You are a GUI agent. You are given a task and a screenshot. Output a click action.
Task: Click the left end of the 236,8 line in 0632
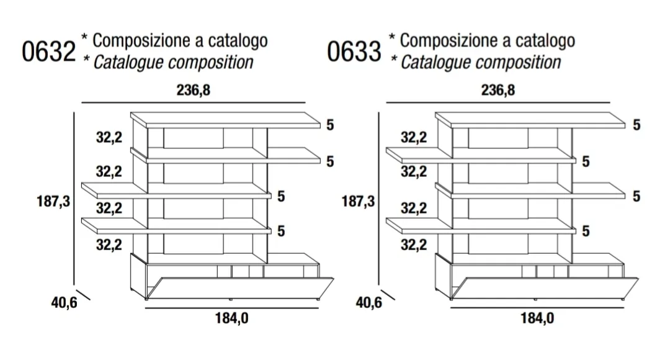82,103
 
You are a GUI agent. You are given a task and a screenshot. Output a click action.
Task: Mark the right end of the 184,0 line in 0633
624,308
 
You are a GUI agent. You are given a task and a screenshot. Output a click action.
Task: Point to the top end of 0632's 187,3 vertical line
74,112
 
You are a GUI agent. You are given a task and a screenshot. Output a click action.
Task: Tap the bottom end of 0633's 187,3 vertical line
379,285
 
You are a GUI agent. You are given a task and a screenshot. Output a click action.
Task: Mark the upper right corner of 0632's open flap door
334,279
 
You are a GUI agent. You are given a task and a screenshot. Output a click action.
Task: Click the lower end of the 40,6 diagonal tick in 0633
395,300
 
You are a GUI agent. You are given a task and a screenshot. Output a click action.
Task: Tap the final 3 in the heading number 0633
375,52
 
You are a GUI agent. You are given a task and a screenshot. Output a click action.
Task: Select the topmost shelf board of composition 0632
226,120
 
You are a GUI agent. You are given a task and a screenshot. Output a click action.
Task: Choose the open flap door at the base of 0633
545,289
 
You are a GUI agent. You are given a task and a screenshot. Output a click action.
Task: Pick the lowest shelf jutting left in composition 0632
176,225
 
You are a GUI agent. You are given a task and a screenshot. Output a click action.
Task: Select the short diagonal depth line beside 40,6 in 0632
83,295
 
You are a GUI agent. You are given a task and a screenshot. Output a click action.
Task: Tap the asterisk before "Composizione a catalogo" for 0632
85,37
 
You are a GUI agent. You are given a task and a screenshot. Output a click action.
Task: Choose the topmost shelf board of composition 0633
530,120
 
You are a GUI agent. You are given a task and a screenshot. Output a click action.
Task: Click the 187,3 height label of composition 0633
359,201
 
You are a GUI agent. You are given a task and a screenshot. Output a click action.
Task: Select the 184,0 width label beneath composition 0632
231,318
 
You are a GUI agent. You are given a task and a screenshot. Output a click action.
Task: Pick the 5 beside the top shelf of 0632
330,125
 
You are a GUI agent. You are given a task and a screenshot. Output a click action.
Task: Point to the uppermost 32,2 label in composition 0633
414,137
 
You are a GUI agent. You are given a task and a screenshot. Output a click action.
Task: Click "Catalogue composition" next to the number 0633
481,63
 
